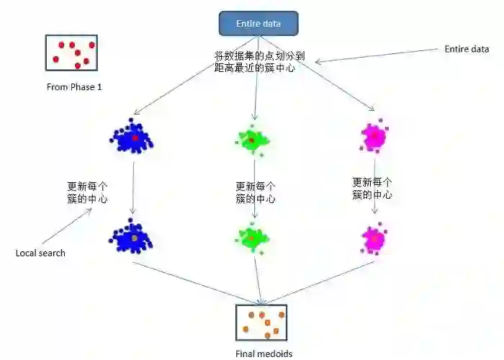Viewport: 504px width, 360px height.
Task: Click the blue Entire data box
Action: pyautogui.click(x=258, y=24)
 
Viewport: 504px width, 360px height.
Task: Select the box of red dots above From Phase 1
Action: pyautogui.click(x=72, y=52)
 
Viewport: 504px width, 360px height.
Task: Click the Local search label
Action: pyautogui.click(x=40, y=253)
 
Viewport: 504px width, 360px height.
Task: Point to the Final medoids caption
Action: pyautogui.click(x=264, y=353)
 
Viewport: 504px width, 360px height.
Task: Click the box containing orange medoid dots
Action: pyautogui.click(x=261, y=322)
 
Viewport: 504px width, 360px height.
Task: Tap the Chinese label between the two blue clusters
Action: pyautogui.click(x=88, y=192)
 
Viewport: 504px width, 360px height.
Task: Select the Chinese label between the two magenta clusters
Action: pyautogui.click(x=372, y=189)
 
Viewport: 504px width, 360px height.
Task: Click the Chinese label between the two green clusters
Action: pyautogui.click(x=255, y=192)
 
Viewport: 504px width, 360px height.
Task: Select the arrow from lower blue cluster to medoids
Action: pyautogui.click(x=194, y=280)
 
